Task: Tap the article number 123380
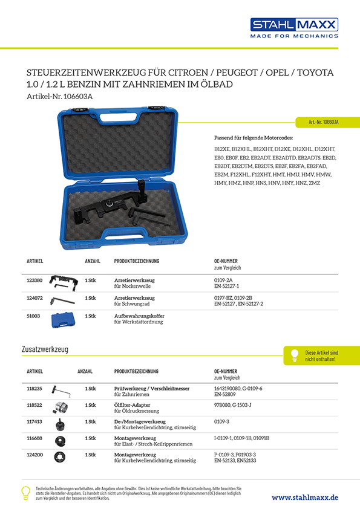34,280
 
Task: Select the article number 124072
34,297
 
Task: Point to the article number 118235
34,389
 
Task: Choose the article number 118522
34,405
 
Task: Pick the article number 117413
34,421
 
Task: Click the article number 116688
34,437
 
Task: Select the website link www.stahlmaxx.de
305,497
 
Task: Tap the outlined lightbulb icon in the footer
25,493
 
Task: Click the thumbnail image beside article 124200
59,457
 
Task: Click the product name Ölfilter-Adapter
133,405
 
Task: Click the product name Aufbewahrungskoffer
139,316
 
